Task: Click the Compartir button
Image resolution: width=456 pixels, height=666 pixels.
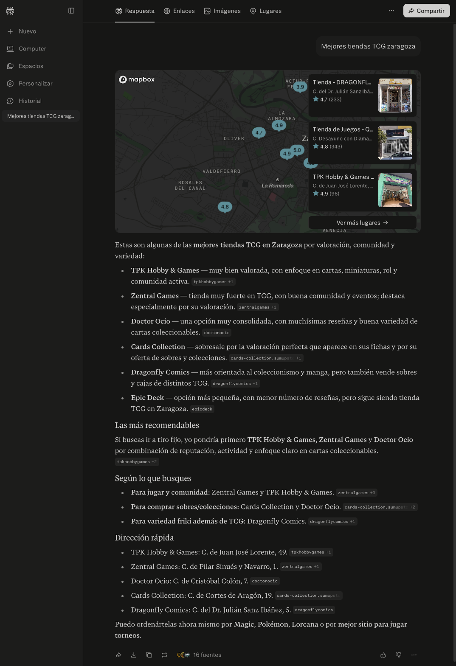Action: (426, 11)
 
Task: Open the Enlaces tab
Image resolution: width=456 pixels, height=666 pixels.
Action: (179, 11)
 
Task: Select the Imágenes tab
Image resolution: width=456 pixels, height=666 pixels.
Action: (222, 11)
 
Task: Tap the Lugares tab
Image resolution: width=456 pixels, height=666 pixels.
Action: (266, 11)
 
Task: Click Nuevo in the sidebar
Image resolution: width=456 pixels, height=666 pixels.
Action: (27, 31)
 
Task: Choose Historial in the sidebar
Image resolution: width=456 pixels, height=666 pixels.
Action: (30, 101)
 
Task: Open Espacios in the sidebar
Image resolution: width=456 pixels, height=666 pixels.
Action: (31, 66)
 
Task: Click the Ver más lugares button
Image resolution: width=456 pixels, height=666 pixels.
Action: (362, 222)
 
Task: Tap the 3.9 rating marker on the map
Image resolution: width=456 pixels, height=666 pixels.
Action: (300, 87)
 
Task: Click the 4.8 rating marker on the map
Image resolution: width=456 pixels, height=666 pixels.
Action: (225, 207)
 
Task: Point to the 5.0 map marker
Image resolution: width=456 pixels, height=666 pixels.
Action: (297, 150)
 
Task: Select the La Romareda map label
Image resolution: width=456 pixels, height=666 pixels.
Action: (278, 185)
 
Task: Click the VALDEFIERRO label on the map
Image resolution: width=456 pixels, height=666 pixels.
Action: (222, 171)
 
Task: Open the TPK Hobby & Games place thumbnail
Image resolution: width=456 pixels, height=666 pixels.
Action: (395, 190)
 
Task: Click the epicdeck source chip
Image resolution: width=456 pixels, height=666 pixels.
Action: (202, 409)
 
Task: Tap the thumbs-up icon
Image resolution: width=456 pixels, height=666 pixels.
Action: (383, 655)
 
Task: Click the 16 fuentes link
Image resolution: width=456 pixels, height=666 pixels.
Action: (207, 655)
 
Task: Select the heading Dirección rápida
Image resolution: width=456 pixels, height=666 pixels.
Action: (144, 538)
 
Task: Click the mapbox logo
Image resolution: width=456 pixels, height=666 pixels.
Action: (137, 79)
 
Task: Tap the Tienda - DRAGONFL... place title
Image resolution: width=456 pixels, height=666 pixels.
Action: (342, 82)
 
